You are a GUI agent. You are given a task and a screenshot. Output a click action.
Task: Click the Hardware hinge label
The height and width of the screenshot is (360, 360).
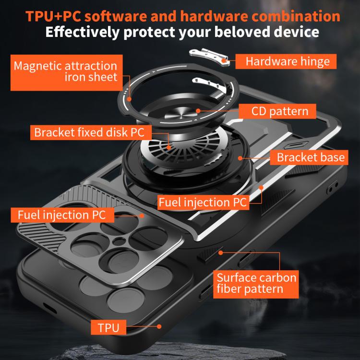click(x=286, y=61)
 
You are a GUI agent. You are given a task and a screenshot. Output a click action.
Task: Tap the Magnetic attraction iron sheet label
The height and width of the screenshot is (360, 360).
click(x=67, y=72)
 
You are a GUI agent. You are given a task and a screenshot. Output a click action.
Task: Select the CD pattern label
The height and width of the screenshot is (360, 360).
click(x=277, y=111)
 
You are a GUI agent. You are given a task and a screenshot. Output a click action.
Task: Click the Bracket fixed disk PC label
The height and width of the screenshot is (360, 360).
click(x=91, y=132)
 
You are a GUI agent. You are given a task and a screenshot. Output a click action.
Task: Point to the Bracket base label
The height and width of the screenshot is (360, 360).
click(x=309, y=157)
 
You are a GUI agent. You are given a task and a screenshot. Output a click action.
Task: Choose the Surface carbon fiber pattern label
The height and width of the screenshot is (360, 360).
click(x=256, y=284)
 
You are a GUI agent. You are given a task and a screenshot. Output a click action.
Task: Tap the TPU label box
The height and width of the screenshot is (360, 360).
click(x=108, y=327)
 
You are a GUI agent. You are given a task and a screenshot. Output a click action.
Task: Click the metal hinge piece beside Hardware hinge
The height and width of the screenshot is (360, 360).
click(x=209, y=56)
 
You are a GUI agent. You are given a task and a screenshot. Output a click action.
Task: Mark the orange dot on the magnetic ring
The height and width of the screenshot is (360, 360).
click(x=129, y=99)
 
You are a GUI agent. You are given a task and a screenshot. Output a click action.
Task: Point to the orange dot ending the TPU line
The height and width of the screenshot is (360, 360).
click(x=159, y=326)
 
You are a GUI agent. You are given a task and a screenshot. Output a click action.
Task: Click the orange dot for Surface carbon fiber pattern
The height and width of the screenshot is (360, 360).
click(x=221, y=253)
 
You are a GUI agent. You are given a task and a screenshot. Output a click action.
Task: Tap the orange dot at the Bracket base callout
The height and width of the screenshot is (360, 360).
click(x=240, y=158)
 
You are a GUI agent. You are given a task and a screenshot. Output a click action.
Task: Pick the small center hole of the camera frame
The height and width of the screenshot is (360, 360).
click(x=119, y=241)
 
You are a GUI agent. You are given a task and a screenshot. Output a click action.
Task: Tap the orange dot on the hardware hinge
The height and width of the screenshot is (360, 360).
click(x=224, y=61)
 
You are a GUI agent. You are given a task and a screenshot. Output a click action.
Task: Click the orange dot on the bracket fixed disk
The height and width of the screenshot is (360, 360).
click(x=169, y=148)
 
